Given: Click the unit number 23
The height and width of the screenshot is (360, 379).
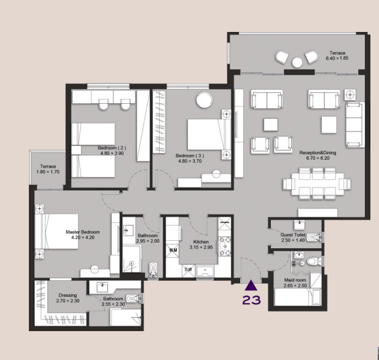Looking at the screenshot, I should click(x=251, y=300).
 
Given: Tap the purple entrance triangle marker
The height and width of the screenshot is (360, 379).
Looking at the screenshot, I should click(x=251, y=285).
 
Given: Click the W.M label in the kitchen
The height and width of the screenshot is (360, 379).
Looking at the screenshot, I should click(x=173, y=250).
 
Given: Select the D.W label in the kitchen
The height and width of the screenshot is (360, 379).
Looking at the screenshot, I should click(x=188, y=269).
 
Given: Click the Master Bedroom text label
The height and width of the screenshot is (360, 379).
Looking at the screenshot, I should click(x=83, y=232).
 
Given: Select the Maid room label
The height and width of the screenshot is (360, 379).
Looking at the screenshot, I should click(x=294, y=280).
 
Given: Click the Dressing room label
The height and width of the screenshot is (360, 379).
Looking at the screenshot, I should click(x=68, y=295).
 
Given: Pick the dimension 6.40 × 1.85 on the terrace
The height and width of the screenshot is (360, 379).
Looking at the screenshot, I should click(x=338, y=58).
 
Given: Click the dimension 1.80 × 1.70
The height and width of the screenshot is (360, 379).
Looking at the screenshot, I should click(x=49, y=172).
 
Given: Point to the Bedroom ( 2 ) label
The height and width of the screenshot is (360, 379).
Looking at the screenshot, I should click(x=112, y=148).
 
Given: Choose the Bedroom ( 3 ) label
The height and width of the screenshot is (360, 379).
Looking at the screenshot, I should click(x=189, y=155).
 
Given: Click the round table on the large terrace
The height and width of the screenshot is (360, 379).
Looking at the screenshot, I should click(x=297, y=61).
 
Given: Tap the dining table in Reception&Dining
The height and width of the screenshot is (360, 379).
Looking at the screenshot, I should click(x=316, y=183).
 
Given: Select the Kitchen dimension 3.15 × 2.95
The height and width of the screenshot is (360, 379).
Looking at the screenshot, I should click(x=201, y=248).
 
